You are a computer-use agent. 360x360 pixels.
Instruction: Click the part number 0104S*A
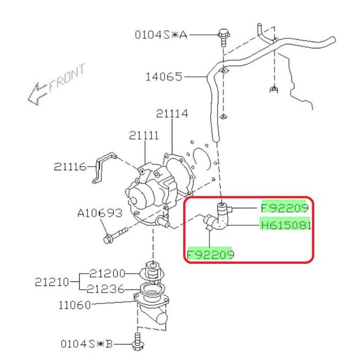(x=161, y=35)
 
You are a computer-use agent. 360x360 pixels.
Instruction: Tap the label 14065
(x=164, y=77)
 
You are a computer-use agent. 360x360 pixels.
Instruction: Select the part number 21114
(x=172, y=114)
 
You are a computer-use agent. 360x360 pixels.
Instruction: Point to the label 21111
(x=144, y=135)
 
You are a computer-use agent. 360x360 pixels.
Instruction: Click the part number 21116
(x=70, y=167)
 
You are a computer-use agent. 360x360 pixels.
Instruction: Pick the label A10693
(x=100, y=213)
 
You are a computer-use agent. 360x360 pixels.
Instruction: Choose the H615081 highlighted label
(x=286, y=225)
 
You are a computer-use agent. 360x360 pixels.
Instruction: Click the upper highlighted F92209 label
(x=284, y=208)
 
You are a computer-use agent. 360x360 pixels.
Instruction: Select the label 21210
(x=52, y=282)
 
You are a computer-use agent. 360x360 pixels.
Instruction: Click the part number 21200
(x=107, y=274)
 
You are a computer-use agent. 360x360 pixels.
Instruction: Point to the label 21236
(x=105, y=289)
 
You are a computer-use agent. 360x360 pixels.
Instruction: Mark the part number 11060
(x=75, y=305)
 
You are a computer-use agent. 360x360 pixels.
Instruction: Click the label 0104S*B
(x=86, y=344)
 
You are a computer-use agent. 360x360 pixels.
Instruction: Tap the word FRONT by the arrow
(x=67, y=78)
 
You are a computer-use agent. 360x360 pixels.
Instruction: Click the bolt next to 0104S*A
(x=224, y=38)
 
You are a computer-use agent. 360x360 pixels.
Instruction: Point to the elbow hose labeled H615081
(x=217, y=217)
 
